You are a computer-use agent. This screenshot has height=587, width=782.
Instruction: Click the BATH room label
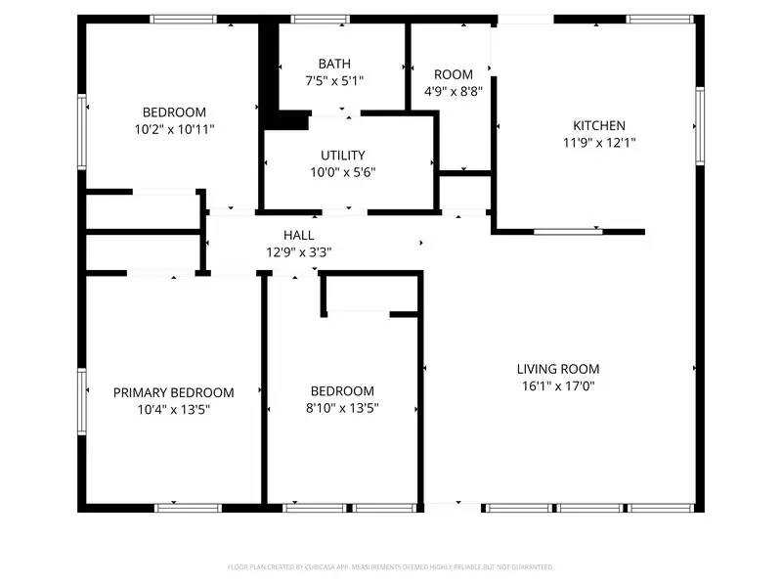334,64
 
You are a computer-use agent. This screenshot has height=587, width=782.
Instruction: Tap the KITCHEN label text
598,125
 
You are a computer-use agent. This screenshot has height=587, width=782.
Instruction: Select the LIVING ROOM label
558,369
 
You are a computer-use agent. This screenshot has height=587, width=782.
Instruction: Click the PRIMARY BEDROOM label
174,392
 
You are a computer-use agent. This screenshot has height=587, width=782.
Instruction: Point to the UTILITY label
343,155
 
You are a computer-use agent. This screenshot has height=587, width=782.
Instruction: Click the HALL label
299,235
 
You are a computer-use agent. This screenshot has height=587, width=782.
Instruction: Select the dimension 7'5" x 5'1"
334,81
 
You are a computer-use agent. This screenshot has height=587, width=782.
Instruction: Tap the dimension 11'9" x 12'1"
598,142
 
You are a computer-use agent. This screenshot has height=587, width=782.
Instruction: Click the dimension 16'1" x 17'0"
558,385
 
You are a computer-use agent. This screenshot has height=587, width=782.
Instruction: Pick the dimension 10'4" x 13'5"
174,409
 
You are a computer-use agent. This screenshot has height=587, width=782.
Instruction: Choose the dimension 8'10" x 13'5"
342,408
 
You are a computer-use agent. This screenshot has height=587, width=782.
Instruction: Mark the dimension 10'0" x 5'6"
343,171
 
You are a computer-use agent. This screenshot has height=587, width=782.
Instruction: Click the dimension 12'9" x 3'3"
299,251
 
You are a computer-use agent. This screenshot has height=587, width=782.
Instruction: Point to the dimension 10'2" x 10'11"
174,128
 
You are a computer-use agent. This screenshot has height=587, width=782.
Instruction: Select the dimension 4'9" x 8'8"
454,91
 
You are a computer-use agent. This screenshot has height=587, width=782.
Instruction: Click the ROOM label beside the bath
454,74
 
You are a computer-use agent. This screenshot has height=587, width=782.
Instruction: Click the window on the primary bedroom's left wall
82,398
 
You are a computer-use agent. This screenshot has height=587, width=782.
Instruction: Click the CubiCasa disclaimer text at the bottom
391,566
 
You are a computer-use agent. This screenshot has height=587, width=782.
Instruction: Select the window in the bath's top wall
321,19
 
